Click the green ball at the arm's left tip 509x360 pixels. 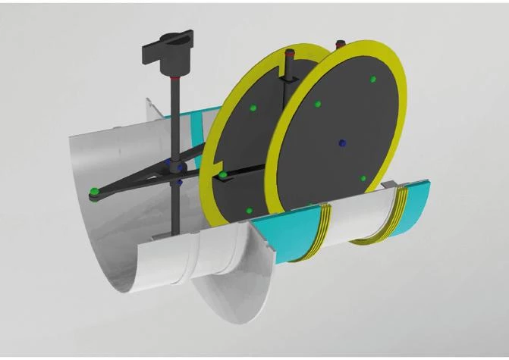(x=93, y=189)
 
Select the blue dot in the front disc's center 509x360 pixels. (x=342, y=142)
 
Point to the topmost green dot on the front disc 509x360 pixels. (x=372, y=78)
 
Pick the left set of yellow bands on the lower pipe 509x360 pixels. (x=324, y=227)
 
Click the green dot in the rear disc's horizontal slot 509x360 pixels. (x=223, y=175)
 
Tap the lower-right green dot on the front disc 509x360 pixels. (x=363, y=178)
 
